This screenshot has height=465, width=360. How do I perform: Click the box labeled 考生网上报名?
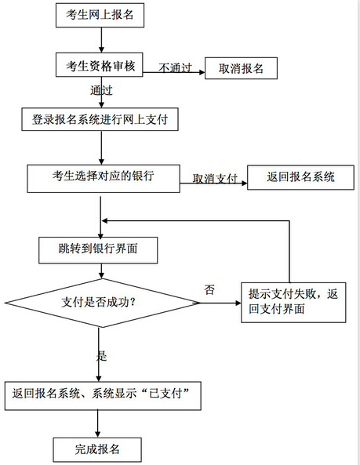(x=100, y=16)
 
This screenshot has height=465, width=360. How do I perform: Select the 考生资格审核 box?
(x=100, y=65)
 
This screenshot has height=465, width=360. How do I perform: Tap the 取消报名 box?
(x=241, y=68)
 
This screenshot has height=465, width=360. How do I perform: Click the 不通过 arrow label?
(x=175, y=68)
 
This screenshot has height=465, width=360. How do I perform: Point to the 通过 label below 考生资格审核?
(x=101, y=90)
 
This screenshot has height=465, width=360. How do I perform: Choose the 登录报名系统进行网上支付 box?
(x=100, y=119)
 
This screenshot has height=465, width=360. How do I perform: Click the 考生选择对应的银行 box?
(x=104, y=179)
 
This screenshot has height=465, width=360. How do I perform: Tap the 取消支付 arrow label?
(x=215, y=179)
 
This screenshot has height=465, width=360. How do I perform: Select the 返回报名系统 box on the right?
(x=300, y=177)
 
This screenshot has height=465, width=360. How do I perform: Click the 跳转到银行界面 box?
(x=98, y=250)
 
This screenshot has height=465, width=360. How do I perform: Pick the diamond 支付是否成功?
(x=102, y=303)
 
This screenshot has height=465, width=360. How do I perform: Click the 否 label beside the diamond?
(x=209, y=289)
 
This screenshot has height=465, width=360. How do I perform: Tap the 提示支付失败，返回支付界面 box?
(x=293, y=302)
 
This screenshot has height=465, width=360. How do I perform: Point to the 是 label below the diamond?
(x=101, y=355)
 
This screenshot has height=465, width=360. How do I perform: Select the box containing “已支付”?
(x=103, y=396)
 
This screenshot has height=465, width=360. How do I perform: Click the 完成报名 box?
(x=97, y=449)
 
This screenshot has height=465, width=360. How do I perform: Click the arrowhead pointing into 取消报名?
(x=202, y=72)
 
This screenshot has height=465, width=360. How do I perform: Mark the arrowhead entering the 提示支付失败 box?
(x=238, y=303)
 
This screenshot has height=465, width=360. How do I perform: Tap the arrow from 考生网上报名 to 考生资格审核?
(x=101, y=40)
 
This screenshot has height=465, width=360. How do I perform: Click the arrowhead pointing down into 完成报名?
(x=97, y=434)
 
